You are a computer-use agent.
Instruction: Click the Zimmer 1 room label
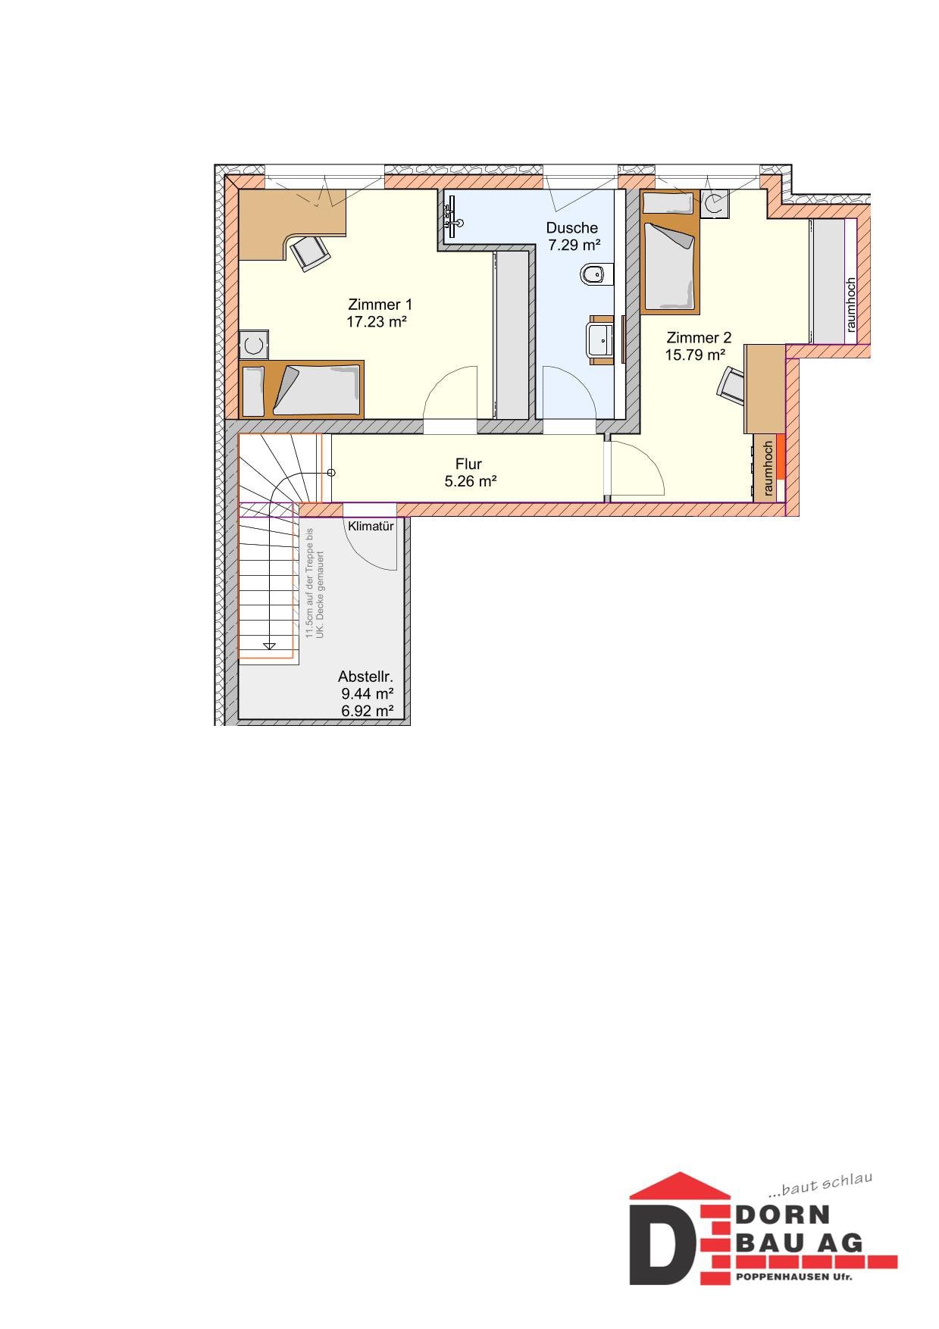(380, 305)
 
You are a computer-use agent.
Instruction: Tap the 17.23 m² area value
(377, 321)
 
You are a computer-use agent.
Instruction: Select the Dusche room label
(571, 227)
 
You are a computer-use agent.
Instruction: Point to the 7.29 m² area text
(574, 245)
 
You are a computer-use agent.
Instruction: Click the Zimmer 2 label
(699, 338)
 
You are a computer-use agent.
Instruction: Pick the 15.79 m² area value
(696, 355)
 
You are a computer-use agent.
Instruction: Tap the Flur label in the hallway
(468, 464)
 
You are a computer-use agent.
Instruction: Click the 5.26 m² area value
(470, 480)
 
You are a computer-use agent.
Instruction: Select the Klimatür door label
(371, 526)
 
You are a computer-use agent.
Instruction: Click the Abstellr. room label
(365, 677)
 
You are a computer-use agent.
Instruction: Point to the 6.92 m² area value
(368, 711)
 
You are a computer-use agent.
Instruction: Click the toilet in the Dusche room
(596, 274)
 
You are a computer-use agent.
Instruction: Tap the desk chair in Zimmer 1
(310, 252)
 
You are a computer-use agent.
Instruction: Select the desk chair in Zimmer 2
(731, 383)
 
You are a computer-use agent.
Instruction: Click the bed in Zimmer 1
(302, 389)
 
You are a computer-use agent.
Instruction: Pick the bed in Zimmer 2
(669, 252)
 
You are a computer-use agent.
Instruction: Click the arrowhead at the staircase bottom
(268, 646)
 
